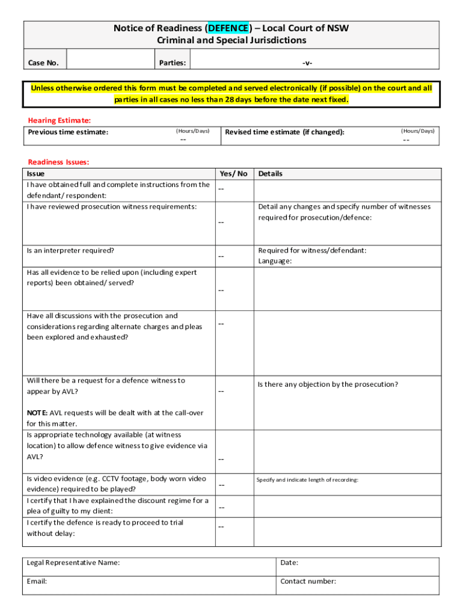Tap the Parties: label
point(172,63)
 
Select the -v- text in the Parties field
point(307,63)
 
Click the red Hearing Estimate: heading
point(60,120)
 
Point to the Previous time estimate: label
point(68,132)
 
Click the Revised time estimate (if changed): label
point(284,132)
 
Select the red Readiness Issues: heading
point(58,162)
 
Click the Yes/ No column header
point(233,174)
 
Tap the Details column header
point(270,174)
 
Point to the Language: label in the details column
point(275,261)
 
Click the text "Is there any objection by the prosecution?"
point(328,384)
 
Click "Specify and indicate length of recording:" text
point(307,480)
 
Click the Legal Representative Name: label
point(73,563)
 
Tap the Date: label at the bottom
point(289,563)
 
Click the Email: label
point(37,582)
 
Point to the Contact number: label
point(308,582)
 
